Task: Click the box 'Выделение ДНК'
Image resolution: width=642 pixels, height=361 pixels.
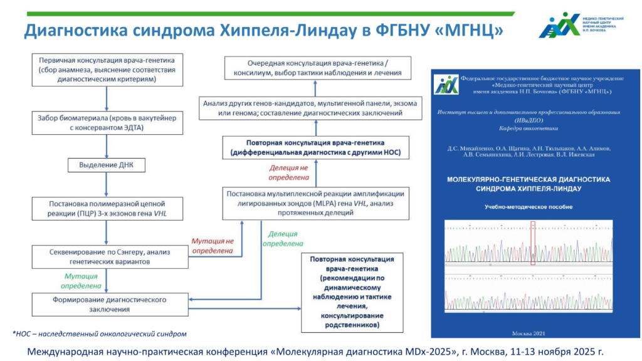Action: [x=107, y=165]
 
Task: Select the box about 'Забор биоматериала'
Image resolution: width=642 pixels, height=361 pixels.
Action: [x=107, y=122]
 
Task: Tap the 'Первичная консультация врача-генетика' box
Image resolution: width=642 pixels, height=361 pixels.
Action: [x=107, y=70]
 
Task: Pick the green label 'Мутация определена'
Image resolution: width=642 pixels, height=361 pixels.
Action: [x=81, y=280]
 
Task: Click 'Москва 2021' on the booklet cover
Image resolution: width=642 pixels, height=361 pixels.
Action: [x=529, y=332]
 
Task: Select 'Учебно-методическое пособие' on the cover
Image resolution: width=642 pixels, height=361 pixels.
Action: [x=529, y=207]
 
